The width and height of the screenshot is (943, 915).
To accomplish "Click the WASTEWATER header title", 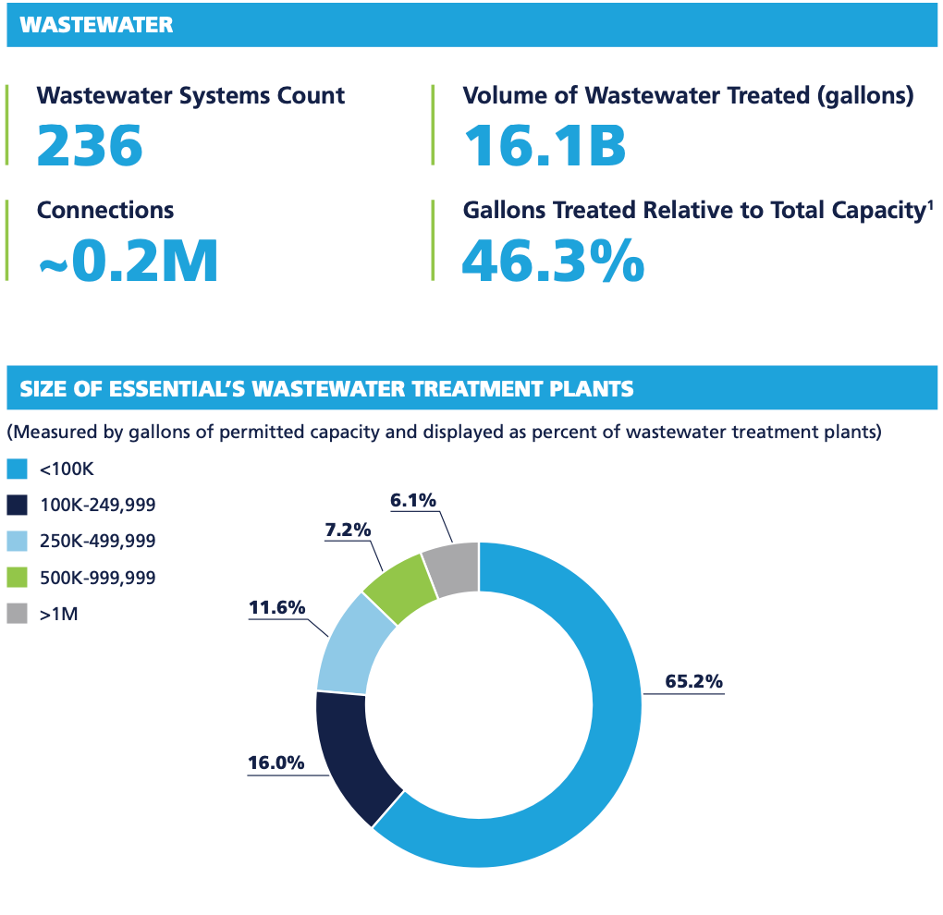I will (97, 25).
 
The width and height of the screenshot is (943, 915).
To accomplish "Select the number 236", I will (90, 145).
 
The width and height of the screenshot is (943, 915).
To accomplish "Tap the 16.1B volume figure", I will (545, 145).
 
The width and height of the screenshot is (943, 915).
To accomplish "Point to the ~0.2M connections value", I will (128, 260).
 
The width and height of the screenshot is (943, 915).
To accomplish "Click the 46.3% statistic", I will (553, 260).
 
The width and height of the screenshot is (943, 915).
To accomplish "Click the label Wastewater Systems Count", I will (190, 95).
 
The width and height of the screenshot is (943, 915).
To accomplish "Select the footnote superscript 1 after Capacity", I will (929, 203).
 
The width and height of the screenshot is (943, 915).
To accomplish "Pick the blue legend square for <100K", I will (17, 470).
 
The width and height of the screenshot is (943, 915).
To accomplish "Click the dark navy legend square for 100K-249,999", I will (17, 506).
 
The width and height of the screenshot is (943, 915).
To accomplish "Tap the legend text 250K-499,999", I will (97, 542).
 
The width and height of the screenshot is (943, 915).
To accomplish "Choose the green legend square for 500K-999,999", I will (17, 578).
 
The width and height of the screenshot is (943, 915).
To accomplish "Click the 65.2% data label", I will (693, 682).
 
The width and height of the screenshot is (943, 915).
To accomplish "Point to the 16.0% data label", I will (276, 762).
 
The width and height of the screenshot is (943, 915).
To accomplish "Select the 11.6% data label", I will (276, 607).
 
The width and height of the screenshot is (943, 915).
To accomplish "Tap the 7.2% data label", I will (348, 531).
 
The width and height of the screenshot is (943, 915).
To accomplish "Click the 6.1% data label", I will (413, 500).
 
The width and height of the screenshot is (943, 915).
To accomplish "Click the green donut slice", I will (400, 590).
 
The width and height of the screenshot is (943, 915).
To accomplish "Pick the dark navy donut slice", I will (356, 753).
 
